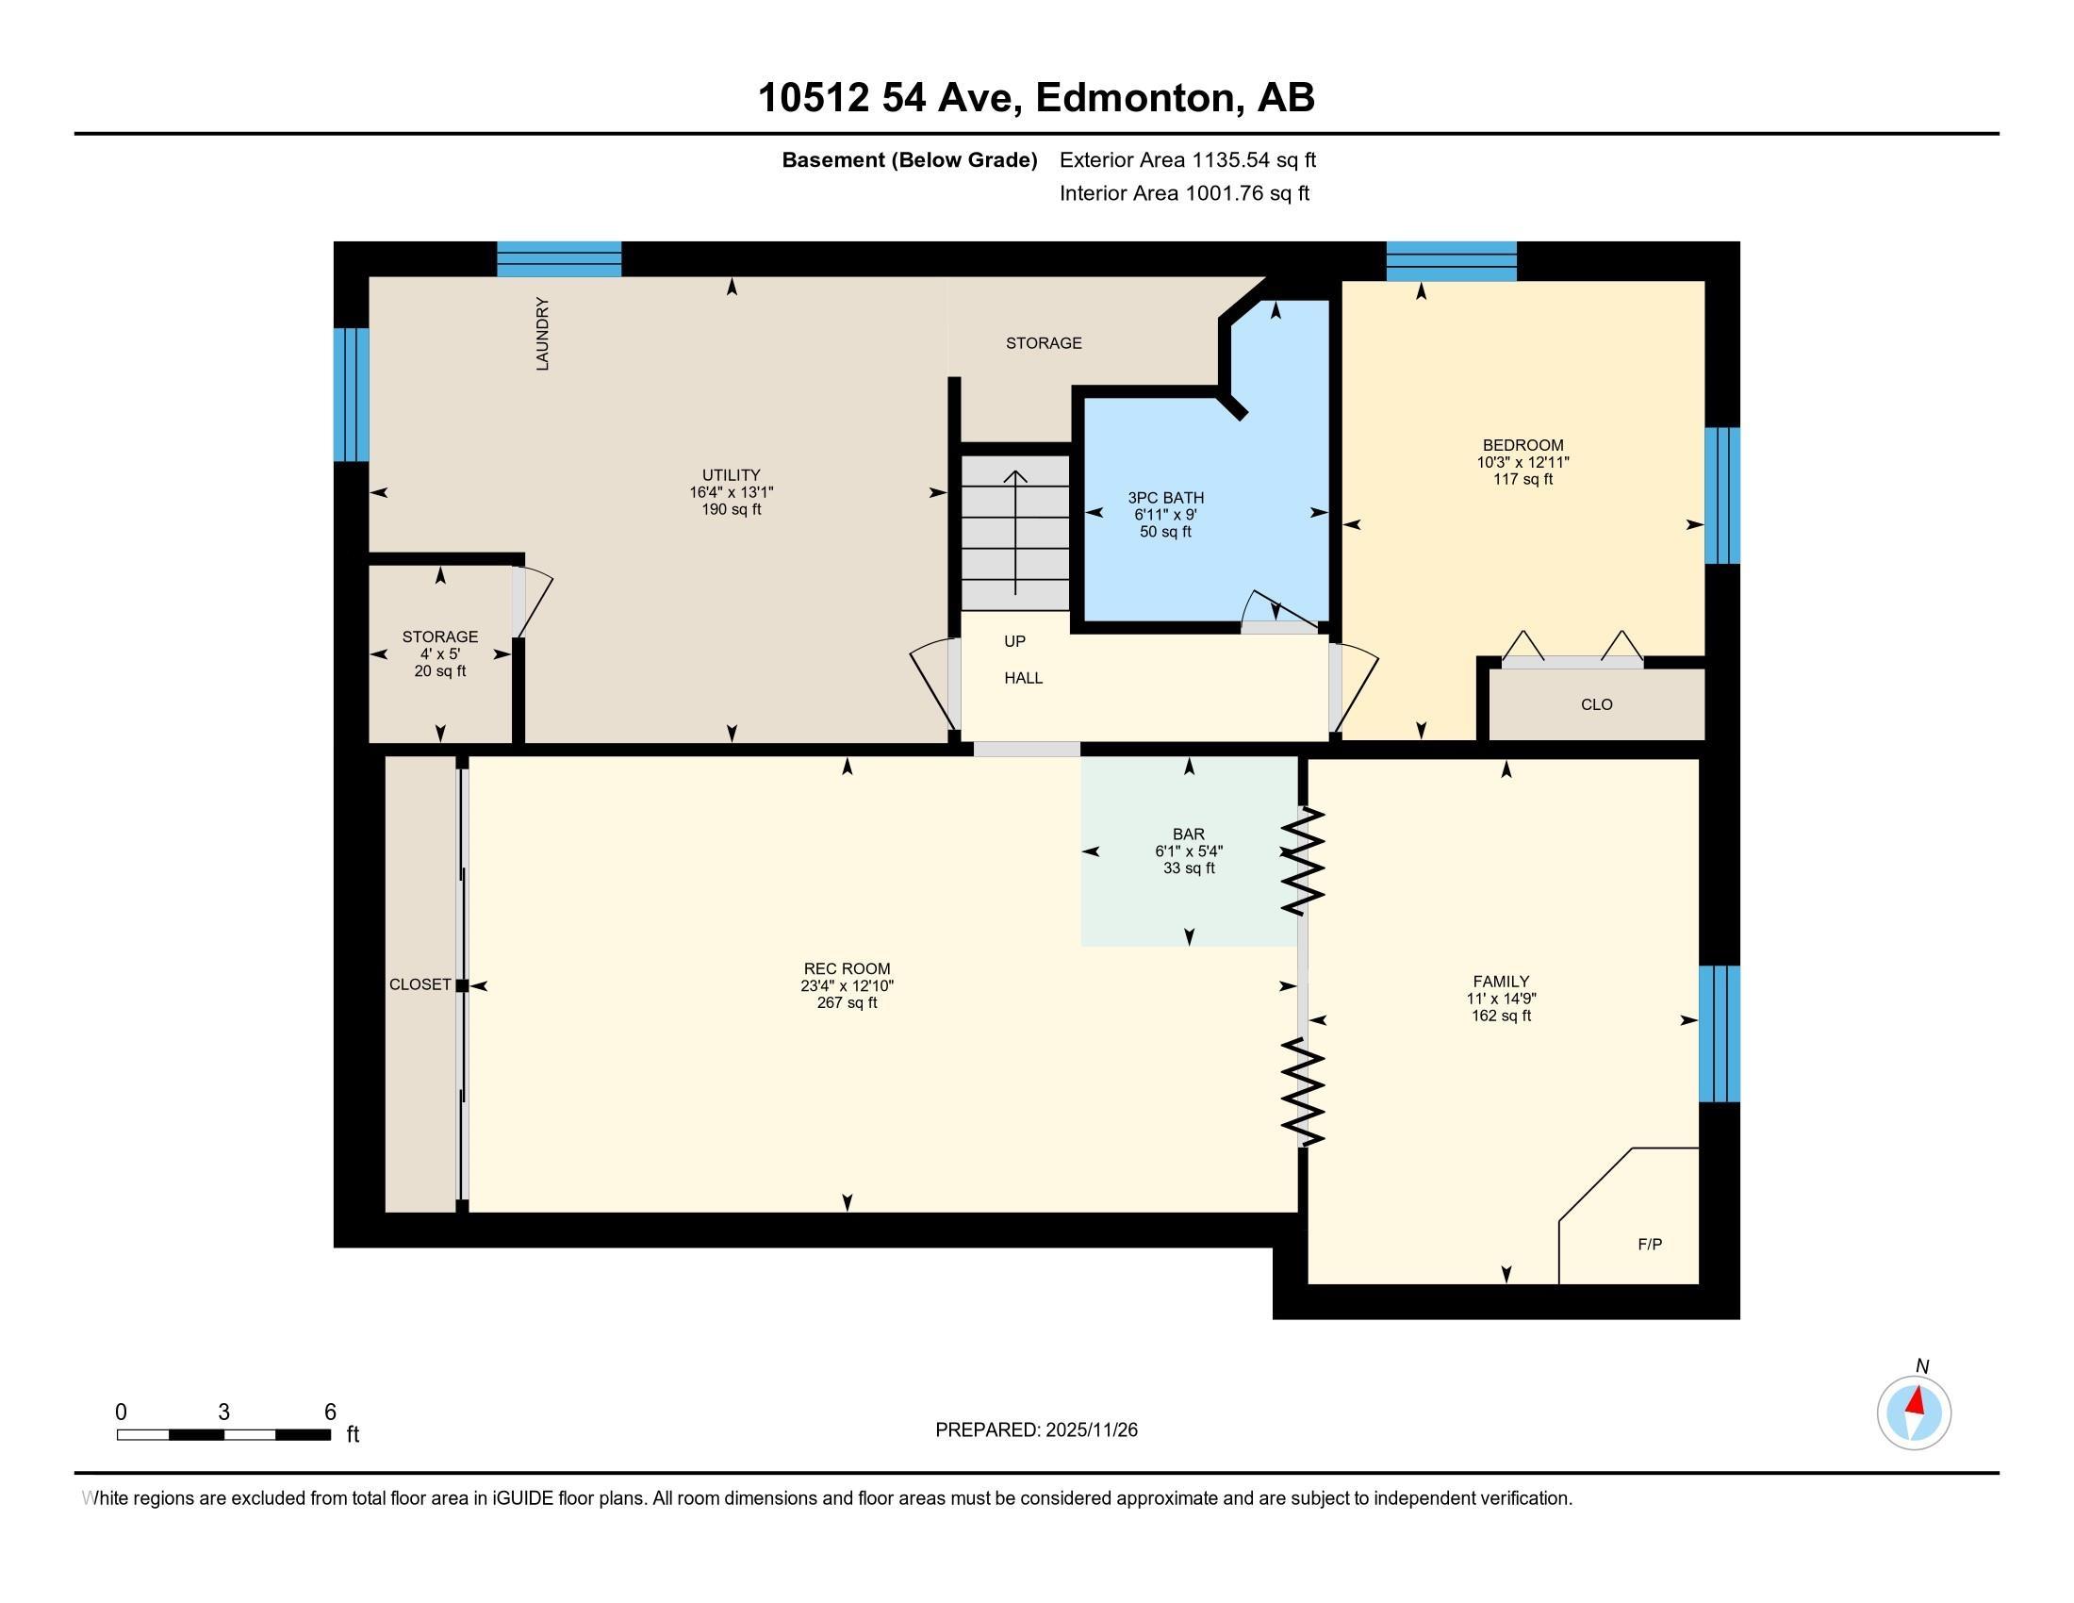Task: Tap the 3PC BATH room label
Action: tap(1165, 498)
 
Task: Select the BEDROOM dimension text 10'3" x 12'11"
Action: tap(1523, 462)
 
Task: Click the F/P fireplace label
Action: tap(1650, 1244)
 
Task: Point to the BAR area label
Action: tap(1188, 835)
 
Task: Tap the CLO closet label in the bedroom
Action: tap(1596, 704)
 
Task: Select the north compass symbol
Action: tap(1914, 1413)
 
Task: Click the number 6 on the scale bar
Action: tap(330, 1413)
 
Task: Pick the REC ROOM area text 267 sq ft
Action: tap(847, 1003)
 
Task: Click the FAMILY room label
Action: tap(1501, 981)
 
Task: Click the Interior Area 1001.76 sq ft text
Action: tap(1183, 193)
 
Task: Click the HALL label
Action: tap(1023, 678)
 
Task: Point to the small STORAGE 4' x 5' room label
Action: tap(439, 637)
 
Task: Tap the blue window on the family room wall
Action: tap(1718, 1033)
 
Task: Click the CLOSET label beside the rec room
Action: tap(420, 984)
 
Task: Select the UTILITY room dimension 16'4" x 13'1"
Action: tap(732, 492)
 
